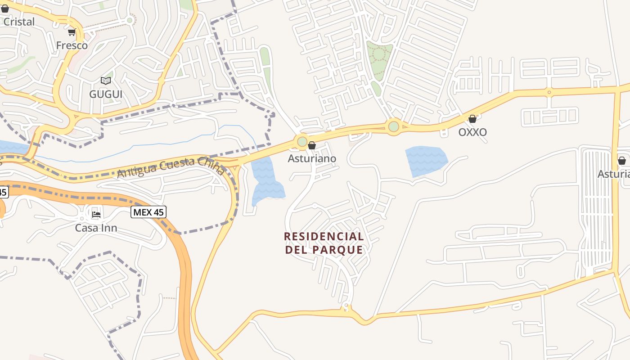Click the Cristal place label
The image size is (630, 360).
point(19,22)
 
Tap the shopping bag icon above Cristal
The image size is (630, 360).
point(5,9)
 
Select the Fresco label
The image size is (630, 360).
point(72,45)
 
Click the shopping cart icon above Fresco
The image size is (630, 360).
point(72,32)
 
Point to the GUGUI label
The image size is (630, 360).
point(106,94)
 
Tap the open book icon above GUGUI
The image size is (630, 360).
point(106,81)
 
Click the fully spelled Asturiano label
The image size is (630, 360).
point(312,159)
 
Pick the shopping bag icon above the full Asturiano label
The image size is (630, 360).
point(312,146)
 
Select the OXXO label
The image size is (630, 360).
point(472,132)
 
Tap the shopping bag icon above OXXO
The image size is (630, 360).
point(472,119)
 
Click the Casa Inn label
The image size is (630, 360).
point(96,228)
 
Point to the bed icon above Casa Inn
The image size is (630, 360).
point(96,214)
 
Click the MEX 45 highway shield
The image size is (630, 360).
point(148,212)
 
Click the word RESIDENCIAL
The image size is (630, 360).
point(324,237)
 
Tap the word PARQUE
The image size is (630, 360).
point(340,250)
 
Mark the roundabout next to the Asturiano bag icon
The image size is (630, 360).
point(302,142)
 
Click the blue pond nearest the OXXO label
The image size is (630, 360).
point(426,160)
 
